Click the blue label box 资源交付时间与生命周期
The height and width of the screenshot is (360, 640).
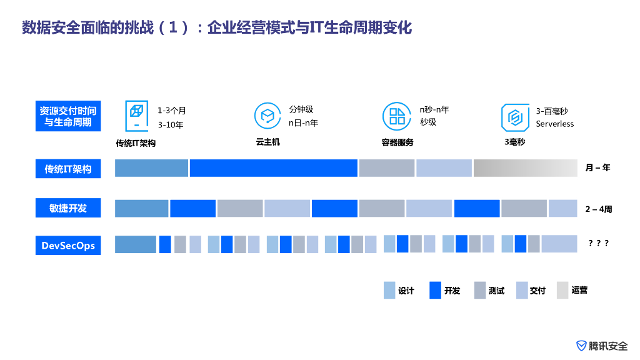[67, 116]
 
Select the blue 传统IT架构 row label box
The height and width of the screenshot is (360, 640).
[67, 169]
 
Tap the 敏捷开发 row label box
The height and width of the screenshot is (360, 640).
[67, 208]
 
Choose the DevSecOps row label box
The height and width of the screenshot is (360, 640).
[67, 245]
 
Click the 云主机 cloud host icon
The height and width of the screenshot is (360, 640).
[267, 116]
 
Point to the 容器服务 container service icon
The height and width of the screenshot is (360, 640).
[397, 116]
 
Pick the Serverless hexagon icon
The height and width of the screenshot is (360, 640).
[515, 117]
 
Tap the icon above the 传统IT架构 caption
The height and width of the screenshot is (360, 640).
[136, 116]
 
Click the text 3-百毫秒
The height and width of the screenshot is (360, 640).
[551, 111]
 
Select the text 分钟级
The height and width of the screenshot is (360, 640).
[301, 109]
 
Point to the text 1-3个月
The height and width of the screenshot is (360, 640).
[171, 111]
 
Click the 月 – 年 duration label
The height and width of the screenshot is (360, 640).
[597, 168]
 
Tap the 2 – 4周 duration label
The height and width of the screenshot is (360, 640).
[598, 209]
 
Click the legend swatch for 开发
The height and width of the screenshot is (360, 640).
[435, 291]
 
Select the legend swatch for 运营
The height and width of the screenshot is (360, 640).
[562, 291]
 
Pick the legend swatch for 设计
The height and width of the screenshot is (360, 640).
[389, 291]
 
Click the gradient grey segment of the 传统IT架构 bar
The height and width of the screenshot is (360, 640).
[525, 168]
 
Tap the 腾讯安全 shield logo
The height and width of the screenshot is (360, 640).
[581, 346]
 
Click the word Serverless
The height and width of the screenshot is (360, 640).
[554, 124]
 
